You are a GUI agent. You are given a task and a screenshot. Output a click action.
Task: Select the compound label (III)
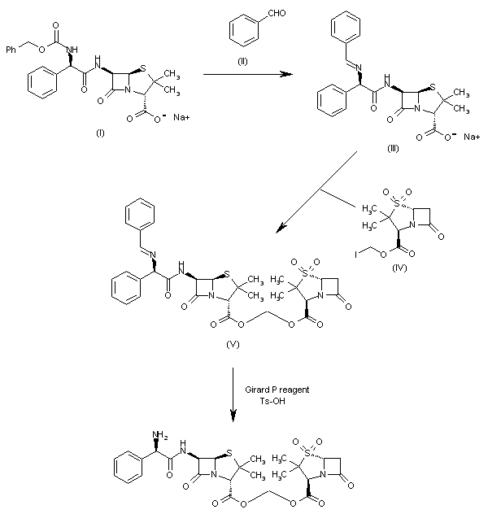pos(396,153)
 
